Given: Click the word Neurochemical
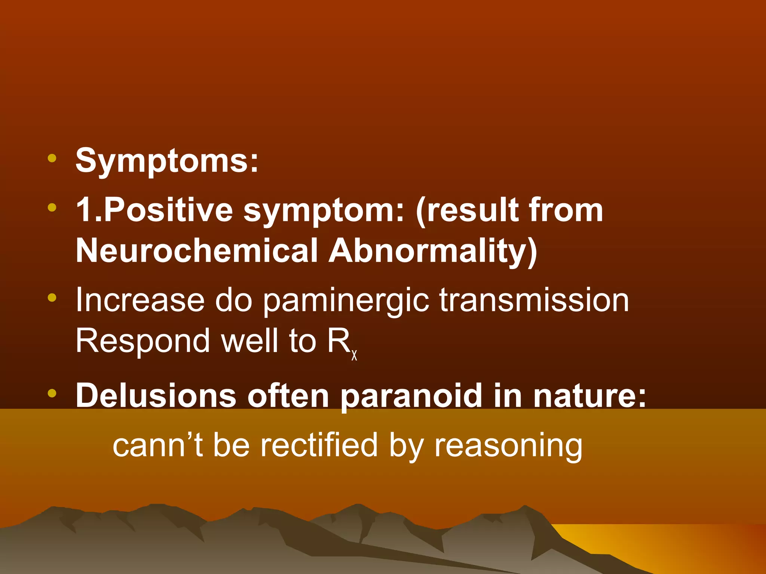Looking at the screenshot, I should tap(197, 250).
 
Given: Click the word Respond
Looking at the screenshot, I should tap(143, 341).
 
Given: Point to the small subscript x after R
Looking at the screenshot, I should tap(354, 355).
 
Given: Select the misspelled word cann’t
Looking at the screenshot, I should tap(157, 445).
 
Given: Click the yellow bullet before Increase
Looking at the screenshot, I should tap(52, 297).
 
